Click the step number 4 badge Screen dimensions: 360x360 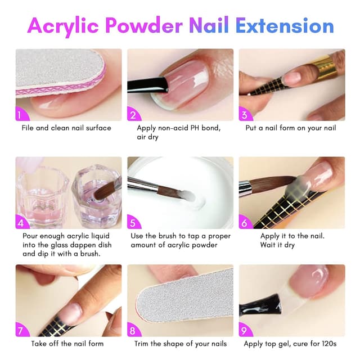[x=21, y=223]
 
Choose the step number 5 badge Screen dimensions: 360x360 [x=133, y=223]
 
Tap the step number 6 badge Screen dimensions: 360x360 [x=245, y=223]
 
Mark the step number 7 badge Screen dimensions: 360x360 [x=21, y=331]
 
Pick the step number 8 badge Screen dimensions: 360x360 [x=133, y=331]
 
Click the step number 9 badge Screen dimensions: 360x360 [x=245, y=331]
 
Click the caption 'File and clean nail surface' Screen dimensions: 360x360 [x=66, y=128]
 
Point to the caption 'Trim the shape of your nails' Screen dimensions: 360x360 [x=180, y=344]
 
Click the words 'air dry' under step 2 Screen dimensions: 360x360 [x=148, y=137]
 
